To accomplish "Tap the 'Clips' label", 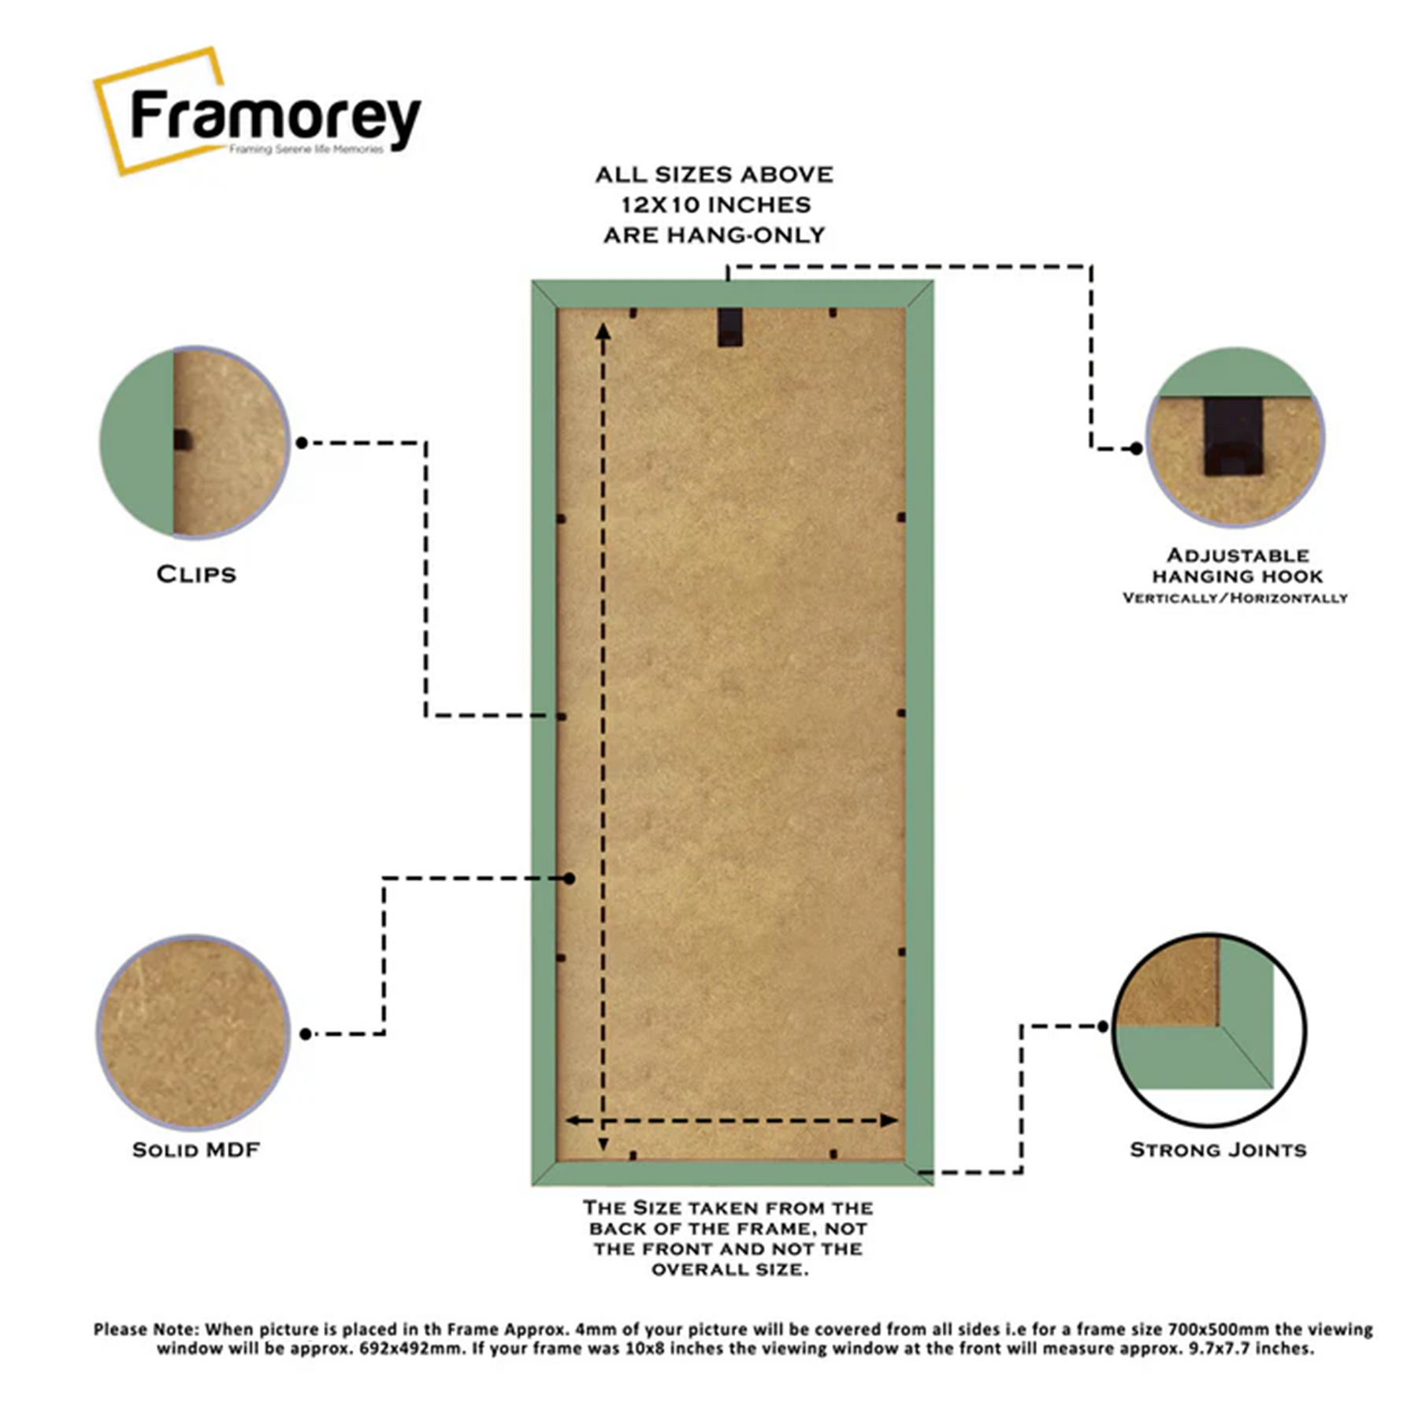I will coord(196,574).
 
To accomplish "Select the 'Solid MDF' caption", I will coord(196,1150).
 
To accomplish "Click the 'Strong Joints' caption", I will coord(1218,1150).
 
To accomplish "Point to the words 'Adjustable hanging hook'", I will coord(1237,566).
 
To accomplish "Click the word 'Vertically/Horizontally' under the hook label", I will coord(1234,598).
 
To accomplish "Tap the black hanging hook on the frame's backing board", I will coord(729,327).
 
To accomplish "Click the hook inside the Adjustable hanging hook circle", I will coord(1233,436).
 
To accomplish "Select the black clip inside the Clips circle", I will coord(182,440).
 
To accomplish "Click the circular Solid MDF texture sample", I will coord(193,1032).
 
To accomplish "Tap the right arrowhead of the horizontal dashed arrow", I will coord(890,1120).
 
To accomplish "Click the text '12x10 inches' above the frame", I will coord(715,205).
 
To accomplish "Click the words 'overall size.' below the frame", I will coord(729,1269).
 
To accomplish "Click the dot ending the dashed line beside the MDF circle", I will coord(306,1034).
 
